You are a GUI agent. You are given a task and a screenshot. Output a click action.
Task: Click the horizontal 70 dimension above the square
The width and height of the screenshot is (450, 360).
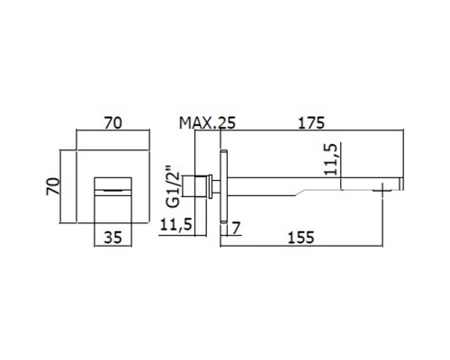113,123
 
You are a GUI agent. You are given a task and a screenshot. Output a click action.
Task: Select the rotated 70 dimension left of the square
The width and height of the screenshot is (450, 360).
53,186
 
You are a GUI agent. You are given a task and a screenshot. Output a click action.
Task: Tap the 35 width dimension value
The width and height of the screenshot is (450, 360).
113,238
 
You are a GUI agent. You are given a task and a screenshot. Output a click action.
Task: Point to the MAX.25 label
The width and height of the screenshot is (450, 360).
207,123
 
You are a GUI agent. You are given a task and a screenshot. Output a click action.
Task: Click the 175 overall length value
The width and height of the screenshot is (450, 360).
311,123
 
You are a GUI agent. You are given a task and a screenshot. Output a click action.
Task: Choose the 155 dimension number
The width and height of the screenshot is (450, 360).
301,238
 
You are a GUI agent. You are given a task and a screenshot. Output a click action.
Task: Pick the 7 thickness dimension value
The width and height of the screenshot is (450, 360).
237,229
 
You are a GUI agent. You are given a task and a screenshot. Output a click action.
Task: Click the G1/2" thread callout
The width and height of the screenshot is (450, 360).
173,186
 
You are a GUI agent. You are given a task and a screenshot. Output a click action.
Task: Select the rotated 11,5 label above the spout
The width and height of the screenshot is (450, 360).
331,159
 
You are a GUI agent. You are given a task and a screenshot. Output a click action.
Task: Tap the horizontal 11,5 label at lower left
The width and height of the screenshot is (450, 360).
175,225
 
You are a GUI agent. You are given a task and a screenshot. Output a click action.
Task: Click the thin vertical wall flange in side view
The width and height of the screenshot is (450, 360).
223,186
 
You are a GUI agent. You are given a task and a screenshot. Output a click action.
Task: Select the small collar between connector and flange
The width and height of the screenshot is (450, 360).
215,186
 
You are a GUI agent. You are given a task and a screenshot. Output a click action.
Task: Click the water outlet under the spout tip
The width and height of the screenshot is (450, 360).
382,190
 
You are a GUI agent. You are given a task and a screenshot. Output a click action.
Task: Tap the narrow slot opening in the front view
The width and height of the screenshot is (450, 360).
113,190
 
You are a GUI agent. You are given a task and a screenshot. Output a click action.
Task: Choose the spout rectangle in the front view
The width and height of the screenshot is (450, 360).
113,200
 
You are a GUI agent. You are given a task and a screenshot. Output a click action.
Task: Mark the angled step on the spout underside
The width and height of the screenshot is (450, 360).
300,193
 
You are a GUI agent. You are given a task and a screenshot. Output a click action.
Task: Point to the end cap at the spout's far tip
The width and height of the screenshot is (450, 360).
401,184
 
